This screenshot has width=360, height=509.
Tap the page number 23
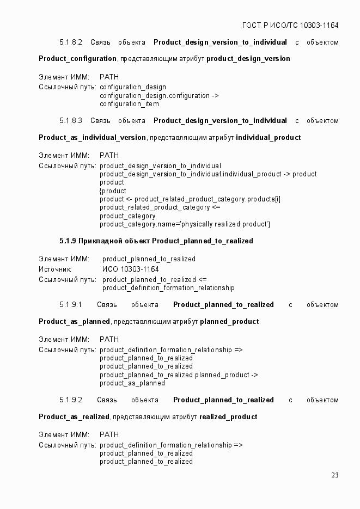coord(334,475)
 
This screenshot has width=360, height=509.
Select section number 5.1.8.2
coord(71,42)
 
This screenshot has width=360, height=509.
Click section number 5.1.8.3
coord(71,121)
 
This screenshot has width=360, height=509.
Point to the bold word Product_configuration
coord(77,59)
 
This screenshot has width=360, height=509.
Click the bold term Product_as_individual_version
coord(92,138)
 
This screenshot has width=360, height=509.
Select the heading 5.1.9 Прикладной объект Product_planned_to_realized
coord(156,241)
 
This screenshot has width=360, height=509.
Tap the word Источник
coord(55,269)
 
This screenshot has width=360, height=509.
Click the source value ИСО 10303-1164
coord(130,269)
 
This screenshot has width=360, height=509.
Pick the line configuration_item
coord(129,104)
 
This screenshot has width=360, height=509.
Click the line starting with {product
coord(113,191)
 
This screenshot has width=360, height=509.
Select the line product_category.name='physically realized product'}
coord(185,224)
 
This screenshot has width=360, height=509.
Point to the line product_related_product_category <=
coord(160,207)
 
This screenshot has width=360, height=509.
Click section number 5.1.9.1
coord(71,305)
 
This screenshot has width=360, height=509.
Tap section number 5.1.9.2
coord(71,400)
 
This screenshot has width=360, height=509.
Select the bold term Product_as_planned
coord(74,322)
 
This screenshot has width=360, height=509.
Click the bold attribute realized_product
coord(228,417)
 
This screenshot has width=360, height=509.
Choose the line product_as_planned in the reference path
coord(132,383)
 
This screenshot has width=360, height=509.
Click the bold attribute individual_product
coord(268,138)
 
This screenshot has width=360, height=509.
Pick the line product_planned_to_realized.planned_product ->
coord(179,375)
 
